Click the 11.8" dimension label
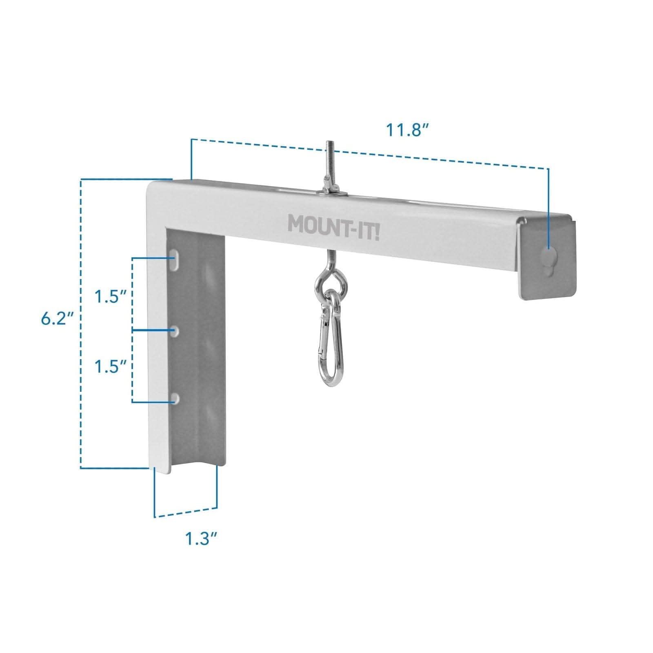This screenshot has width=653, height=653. click(407, 130)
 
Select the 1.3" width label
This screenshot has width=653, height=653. click(200, 539)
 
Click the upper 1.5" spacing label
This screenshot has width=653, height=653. click(109, 296)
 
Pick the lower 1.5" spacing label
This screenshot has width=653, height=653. click(109, 366)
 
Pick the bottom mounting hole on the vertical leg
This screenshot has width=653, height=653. click(175, 399)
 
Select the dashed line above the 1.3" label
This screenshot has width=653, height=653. click(186, 513)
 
